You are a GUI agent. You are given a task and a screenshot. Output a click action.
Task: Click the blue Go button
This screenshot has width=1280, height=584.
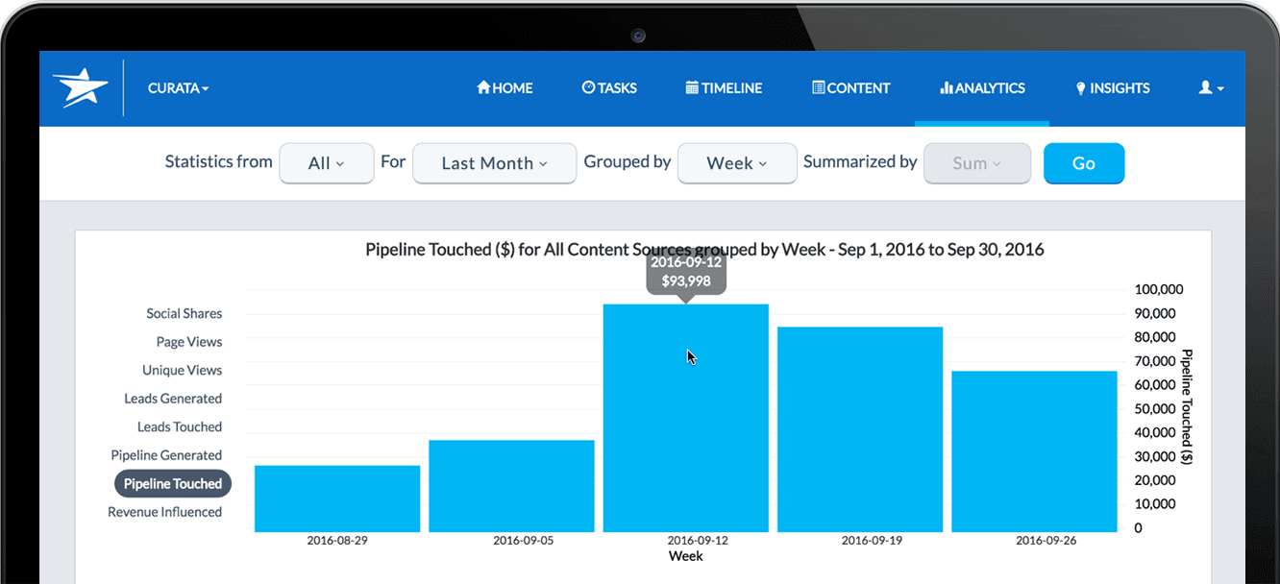1083,163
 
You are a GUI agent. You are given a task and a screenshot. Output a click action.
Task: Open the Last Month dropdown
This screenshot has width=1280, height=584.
494,163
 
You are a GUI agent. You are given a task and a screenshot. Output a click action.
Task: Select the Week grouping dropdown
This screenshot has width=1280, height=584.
736,163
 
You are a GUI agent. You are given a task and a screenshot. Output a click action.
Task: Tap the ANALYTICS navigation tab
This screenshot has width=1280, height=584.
982,88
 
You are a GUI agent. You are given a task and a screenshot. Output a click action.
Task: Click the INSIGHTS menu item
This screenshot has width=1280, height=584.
1112,88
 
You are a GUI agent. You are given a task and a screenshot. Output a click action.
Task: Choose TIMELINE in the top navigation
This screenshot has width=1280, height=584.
724,88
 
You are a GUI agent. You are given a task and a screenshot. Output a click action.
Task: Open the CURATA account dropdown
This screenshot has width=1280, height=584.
178,88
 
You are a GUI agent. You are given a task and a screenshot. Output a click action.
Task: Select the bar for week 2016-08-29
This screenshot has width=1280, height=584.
337,499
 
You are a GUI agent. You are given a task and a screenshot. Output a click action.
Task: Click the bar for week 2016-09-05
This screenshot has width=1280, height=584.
511,486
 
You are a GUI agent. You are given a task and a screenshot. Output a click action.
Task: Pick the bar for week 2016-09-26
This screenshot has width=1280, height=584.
1034,451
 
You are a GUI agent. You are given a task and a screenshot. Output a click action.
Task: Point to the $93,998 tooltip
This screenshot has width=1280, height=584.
685,273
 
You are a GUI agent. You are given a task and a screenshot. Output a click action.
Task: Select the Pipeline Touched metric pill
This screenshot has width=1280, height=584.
173,484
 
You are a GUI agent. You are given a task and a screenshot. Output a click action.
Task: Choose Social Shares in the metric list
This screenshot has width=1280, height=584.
184,314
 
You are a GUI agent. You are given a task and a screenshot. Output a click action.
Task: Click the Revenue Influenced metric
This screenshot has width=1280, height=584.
164,512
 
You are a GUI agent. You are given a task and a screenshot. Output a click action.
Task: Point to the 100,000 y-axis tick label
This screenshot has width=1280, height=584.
1159,290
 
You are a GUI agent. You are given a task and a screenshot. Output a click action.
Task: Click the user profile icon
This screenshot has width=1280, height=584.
1210,87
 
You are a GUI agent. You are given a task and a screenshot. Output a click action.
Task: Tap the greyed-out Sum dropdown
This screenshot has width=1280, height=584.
976,163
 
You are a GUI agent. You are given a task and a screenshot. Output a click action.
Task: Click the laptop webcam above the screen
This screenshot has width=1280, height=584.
638,36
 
